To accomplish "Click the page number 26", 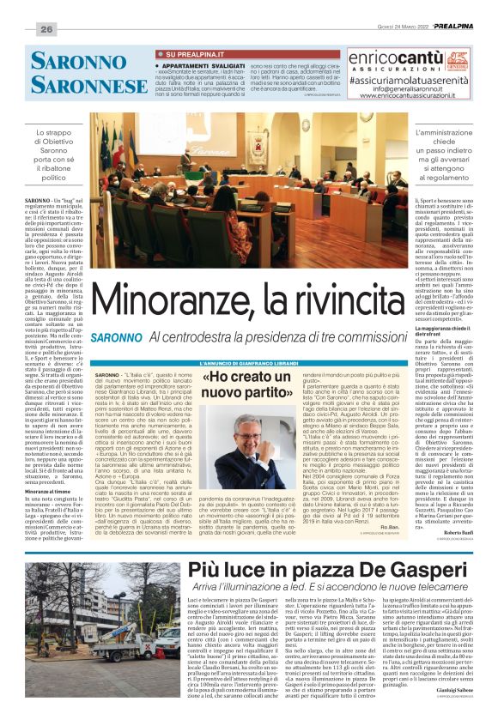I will (46, 29).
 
